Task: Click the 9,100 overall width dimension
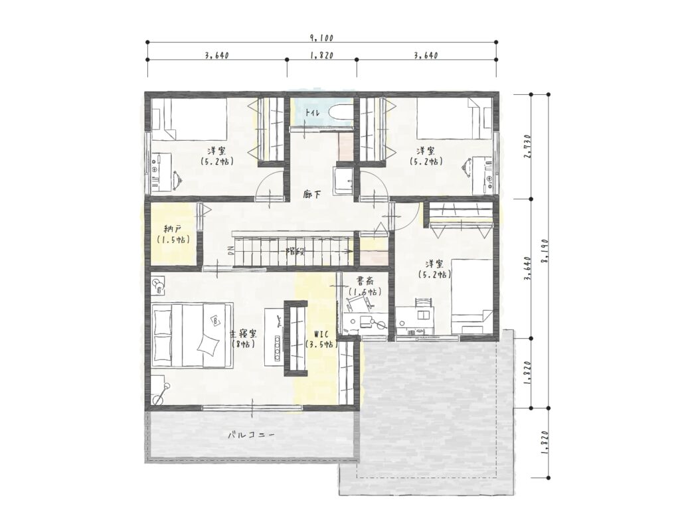(x=321, y=38)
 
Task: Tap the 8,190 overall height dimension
(x=546, y=251)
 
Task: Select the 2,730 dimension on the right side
(x=527, y=146)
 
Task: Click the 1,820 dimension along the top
(x=321, y=55)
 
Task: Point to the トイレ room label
(x=312, y=113)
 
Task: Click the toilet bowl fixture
(x=341, y=112)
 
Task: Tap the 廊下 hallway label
(x=312, y=195)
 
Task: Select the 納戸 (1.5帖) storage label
(x=173, y=234)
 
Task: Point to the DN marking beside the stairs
(x=230, y=251)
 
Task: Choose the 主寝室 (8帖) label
(x=242, y=339)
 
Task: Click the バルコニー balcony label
(x=252, y=435)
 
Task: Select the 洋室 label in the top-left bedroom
(x=216, y=151)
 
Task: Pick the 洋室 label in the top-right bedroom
(x=426, y=151)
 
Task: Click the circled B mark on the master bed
(x=216, y=321)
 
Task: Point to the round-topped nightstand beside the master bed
(x=159, y=285)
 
